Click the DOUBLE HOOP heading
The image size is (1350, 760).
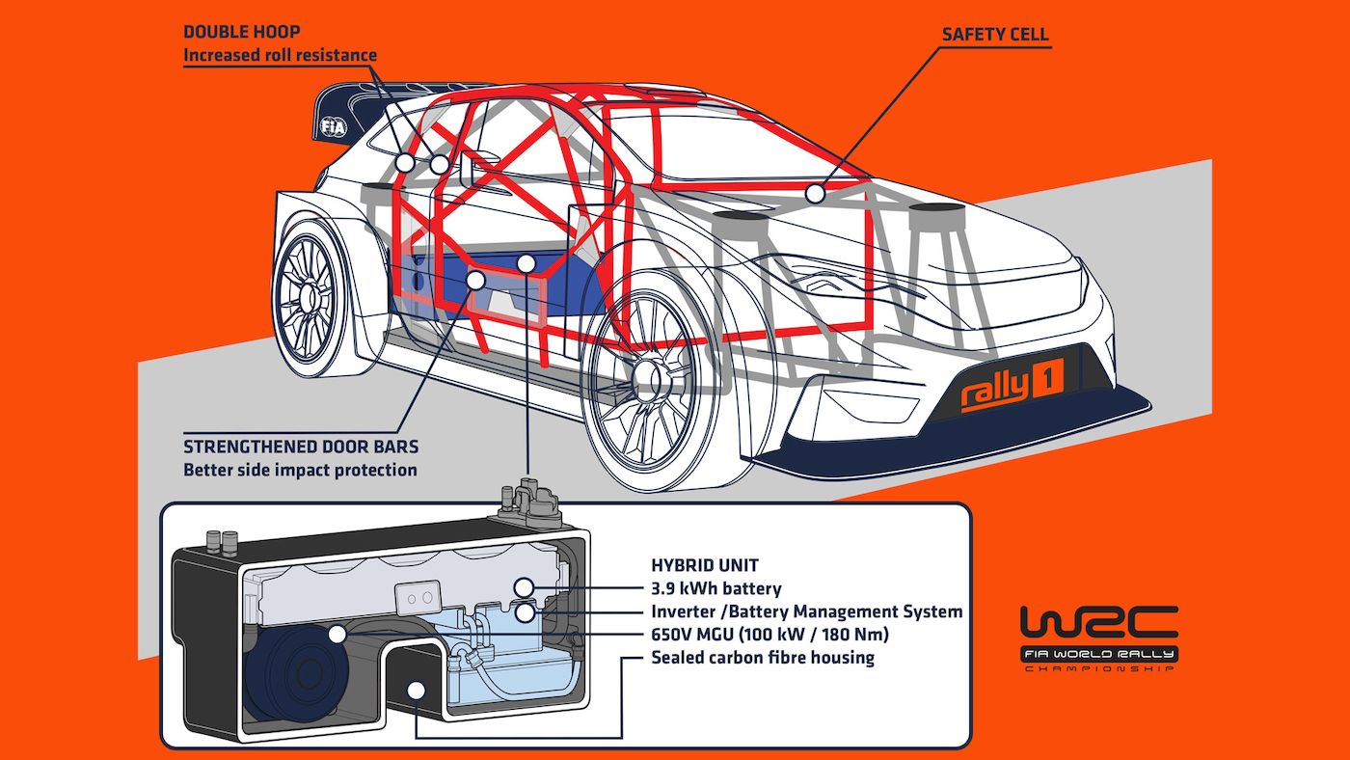pyautogui.click(x=242, y=33)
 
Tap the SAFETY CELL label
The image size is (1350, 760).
pyautogui.click(x=995, y=35)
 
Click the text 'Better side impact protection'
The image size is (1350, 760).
pyautogui.click(x=300, y=470)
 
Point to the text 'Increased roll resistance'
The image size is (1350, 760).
pyautogui.click(x=280, y=55)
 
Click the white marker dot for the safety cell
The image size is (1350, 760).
pyautogui.click(x=816, y=194)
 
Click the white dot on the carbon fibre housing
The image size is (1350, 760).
pyautogui.click(x=417, y=689)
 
